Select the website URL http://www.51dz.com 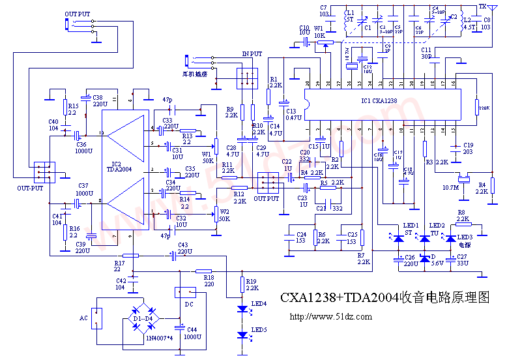330,317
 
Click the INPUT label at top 252,53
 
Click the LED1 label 412,225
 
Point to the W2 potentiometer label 225,212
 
